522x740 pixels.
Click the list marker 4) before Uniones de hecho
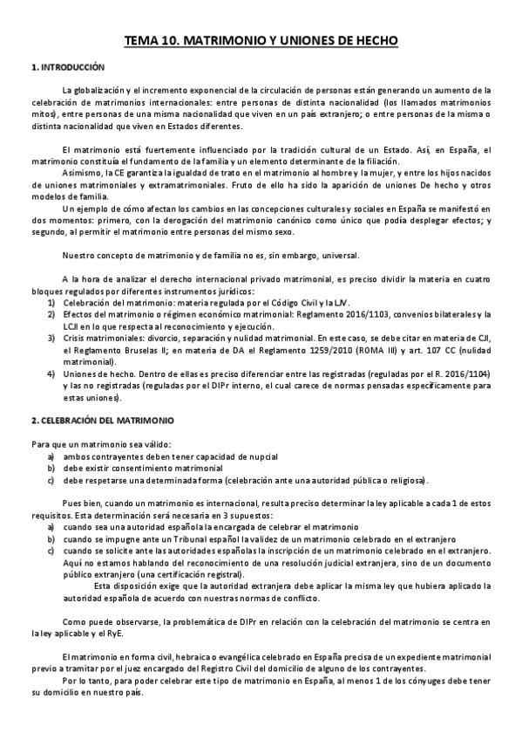[x=51, y=373]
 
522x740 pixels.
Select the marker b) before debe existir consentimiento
[x=51, y=469]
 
